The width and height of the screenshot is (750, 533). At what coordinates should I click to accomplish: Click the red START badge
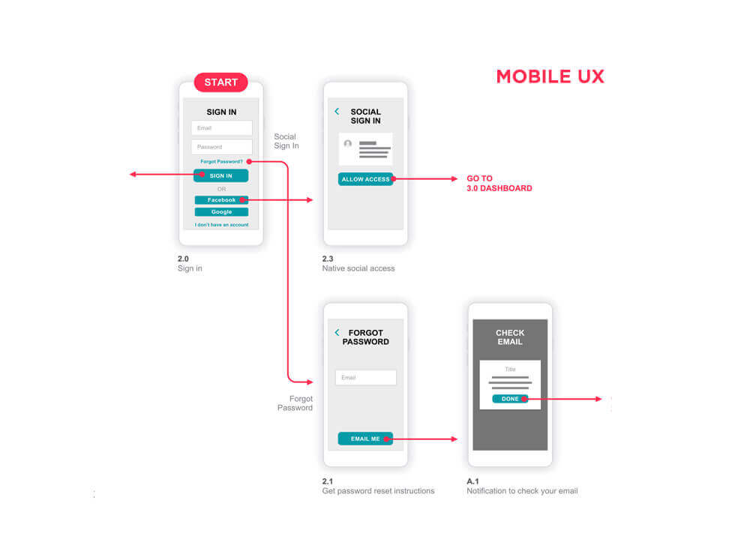[x=221, y=82]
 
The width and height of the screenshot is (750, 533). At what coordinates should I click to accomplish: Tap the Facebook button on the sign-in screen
[x=221, y=200]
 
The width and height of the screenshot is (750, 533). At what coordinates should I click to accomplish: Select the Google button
[x=221, y=211]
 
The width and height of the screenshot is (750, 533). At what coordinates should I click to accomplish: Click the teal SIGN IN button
[x=221, y=175]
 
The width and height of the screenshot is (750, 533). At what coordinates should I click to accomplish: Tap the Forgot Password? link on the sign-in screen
[x=221, y=162]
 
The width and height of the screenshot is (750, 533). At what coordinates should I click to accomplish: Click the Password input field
[x=221, y=147]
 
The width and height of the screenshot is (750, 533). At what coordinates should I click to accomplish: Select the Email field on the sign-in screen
[x=221, y=128]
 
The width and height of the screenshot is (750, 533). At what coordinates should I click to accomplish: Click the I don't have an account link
[x=221, y=225]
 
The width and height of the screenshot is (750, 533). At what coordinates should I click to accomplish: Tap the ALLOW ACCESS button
[x=365, y=179]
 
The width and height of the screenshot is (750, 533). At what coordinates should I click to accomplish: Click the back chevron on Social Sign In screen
[x=337, y=112]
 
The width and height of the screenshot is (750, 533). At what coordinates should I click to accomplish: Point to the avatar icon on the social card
[x=348, y=143]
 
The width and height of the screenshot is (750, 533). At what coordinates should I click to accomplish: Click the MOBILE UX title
[x=550, y=76]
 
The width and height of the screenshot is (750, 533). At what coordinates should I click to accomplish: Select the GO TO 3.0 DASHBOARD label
[x=499, y=183]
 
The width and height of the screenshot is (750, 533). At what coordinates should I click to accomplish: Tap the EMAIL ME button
[x=365, y=439]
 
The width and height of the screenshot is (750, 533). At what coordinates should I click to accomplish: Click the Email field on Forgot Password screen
[x=366, y=378]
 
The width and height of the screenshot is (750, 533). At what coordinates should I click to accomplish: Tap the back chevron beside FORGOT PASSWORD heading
[x=337, y=332]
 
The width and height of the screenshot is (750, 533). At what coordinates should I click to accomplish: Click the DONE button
[x=510, y=399]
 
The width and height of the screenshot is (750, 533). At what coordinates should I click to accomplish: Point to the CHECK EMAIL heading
[x=510, y=337]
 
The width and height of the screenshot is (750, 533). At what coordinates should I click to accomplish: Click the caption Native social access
[x=358, y=268]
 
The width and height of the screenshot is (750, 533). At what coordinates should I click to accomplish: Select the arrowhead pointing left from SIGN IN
[x=133, y=175]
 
